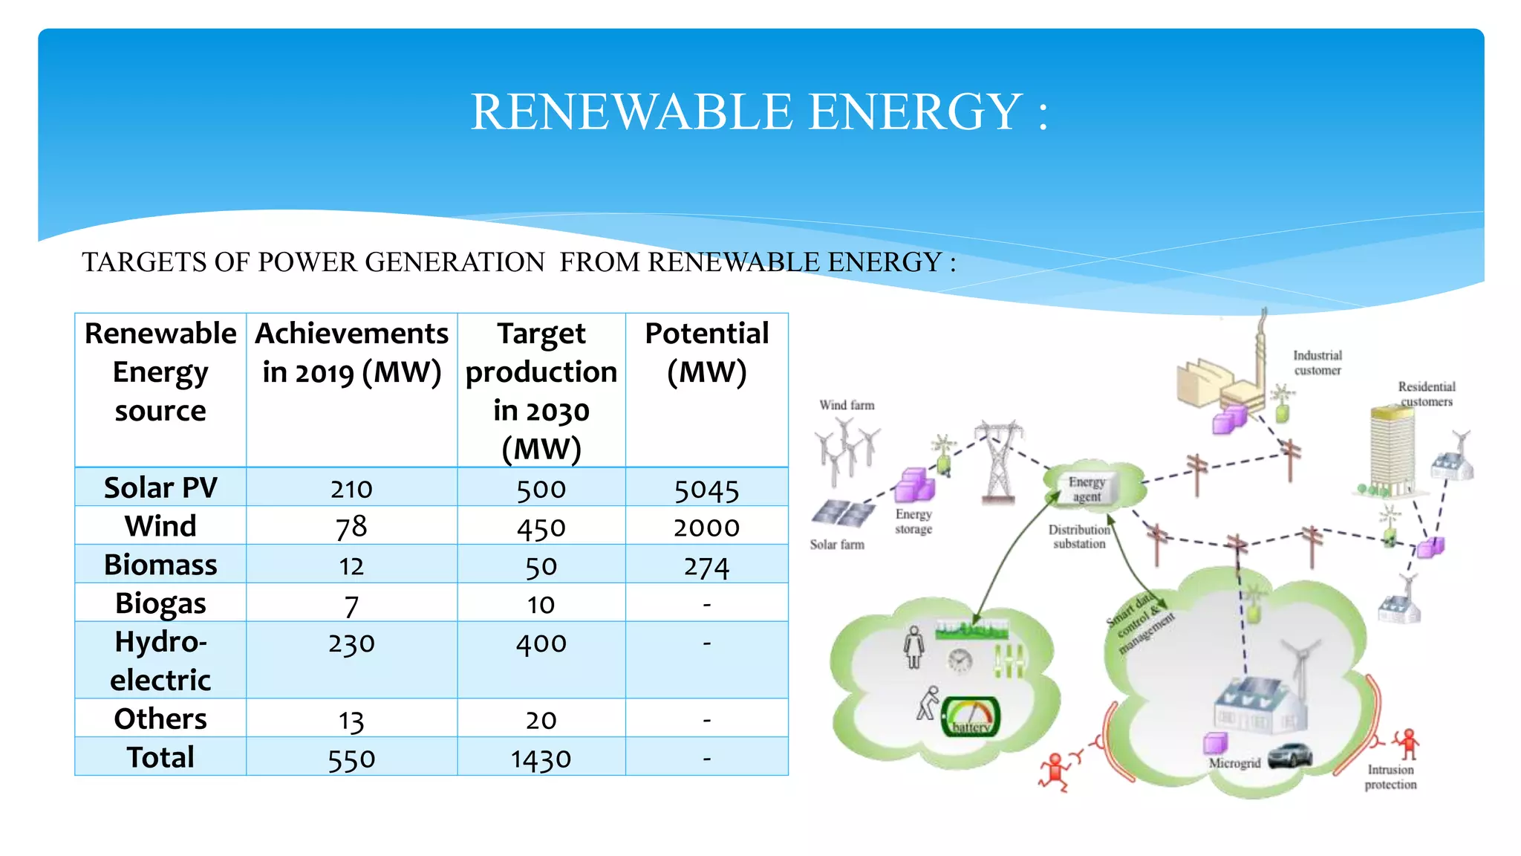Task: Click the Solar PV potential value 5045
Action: (x=706, y=490)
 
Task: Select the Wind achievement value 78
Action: (x=351, y=528)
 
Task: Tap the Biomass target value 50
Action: (x=541, y=567)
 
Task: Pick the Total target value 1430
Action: (x=541, y=759)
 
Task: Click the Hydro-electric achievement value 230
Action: (x=351, y=643)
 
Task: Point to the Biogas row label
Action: (x=160, y=603)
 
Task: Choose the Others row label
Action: (x=160, y=719)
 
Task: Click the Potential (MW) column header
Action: (x=706, y=353)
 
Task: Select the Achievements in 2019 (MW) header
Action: (x=351, y=353)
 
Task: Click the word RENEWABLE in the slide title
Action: (x=632, y=112)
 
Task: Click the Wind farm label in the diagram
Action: (x=847, y=406)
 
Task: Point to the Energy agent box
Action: (x=1087, y=489)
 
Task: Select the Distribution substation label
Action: (x=1079, y=536)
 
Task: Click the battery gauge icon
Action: (x=971, y=718)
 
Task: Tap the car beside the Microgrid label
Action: (x=1290, y=756)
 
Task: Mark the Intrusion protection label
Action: (x=1390, y=777)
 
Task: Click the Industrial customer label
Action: (x=1318, y=363)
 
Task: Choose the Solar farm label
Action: (x=837, y=545)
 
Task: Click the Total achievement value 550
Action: (x=351, y=759)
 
